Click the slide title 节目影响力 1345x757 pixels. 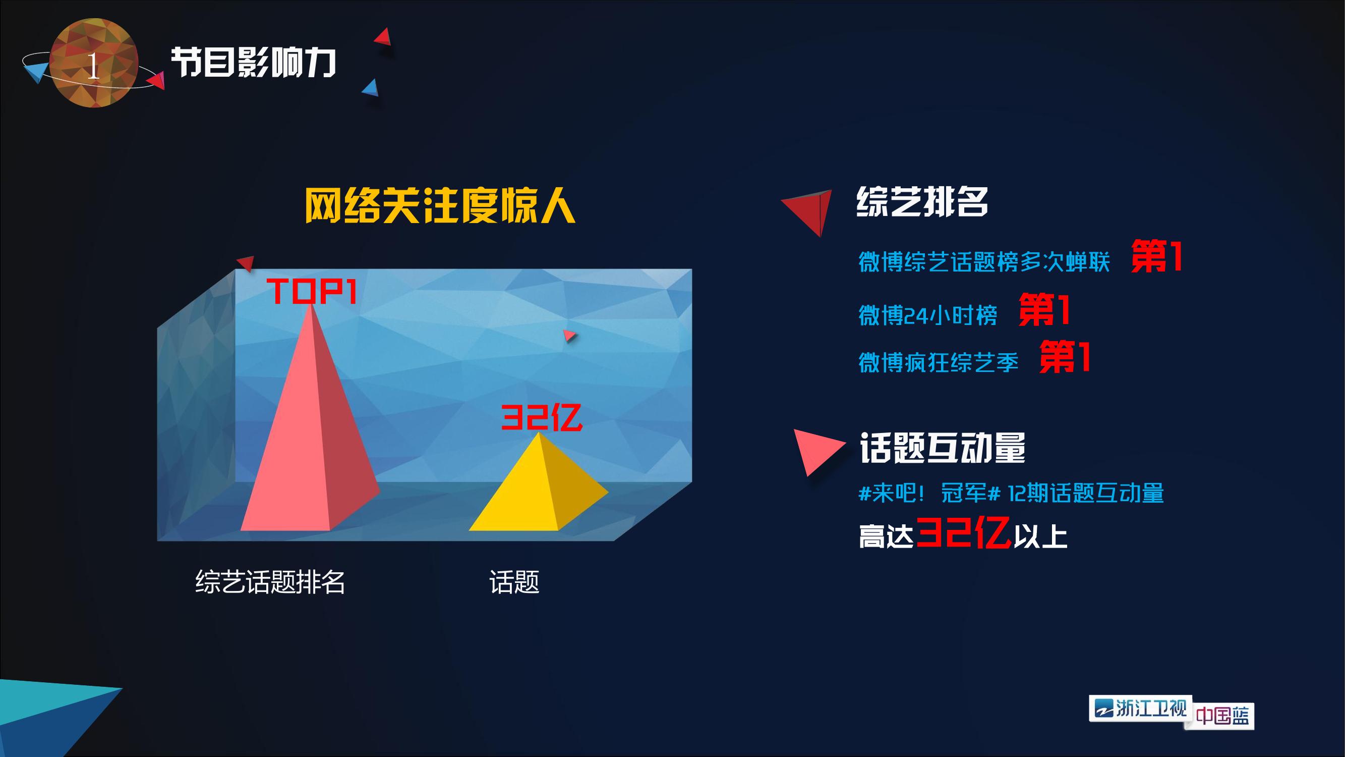[x=253, y=63]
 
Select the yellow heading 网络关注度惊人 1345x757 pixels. [x=440, y=205]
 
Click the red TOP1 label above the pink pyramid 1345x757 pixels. [x=312, y=291]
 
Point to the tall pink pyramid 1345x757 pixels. [x=311, y=418]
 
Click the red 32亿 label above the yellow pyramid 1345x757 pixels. [x=542, y=417]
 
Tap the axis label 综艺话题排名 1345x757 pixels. [x=270, y=582]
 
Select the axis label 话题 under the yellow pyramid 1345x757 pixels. [x=514, y=582]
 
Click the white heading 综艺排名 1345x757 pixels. [x=922, y=202]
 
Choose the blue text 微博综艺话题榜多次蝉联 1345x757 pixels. [x=984, y=262]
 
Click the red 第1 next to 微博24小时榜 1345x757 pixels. [x=1045, y=310]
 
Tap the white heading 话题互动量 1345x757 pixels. [x=943, y=448]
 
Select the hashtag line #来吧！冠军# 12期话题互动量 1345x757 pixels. [x=1011, y=493]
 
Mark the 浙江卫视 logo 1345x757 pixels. [x=1140, y=709]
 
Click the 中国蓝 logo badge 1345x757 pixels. [x=1222, y=715]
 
